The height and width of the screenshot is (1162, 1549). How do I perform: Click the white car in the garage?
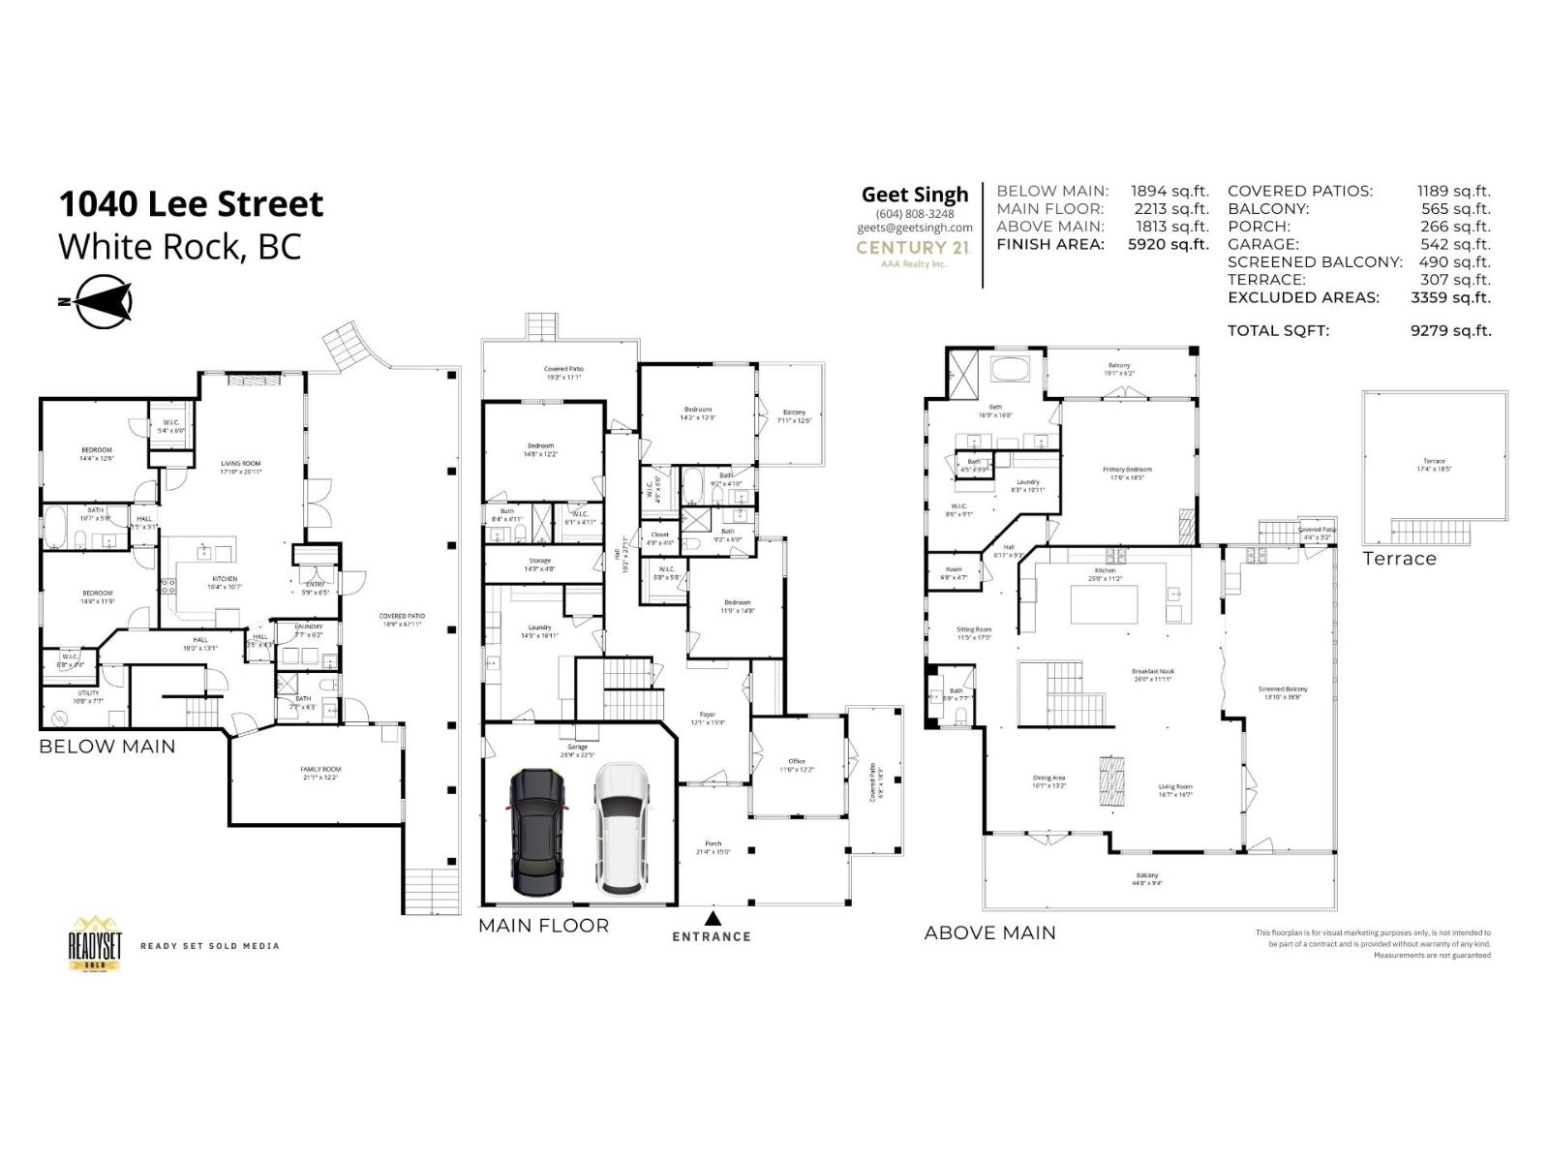click(621, 829)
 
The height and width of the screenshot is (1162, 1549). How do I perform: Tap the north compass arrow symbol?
click(97, 301)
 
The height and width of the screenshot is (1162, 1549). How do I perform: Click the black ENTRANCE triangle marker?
click(713, 918)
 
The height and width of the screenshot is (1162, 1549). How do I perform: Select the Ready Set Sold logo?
click(95, 943)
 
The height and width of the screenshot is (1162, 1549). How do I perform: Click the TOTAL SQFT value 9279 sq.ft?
click(1450, 330)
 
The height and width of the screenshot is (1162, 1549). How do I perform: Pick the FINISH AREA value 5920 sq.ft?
click(1168, 244)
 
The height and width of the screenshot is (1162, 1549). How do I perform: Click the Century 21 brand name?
click(913, 248)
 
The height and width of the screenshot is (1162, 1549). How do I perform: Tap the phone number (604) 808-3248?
click(914, 214)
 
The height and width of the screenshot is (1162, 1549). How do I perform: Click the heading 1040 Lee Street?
click(191, 204)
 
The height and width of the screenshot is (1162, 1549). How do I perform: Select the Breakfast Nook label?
click(1152, 675)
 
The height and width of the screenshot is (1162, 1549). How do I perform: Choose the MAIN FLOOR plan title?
click(543, 926)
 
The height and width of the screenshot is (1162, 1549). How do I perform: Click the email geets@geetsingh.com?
click(914, 229)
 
